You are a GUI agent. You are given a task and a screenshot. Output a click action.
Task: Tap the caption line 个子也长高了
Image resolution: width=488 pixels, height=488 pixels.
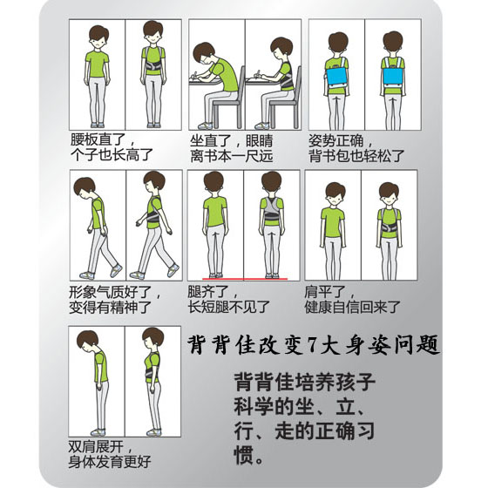(x=111, y=153)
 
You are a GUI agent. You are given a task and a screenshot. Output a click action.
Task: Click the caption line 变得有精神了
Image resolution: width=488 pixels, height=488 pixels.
(x=111, y=307)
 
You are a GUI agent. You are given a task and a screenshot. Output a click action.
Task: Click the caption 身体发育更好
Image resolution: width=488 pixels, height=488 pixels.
(x=111, y=460)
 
